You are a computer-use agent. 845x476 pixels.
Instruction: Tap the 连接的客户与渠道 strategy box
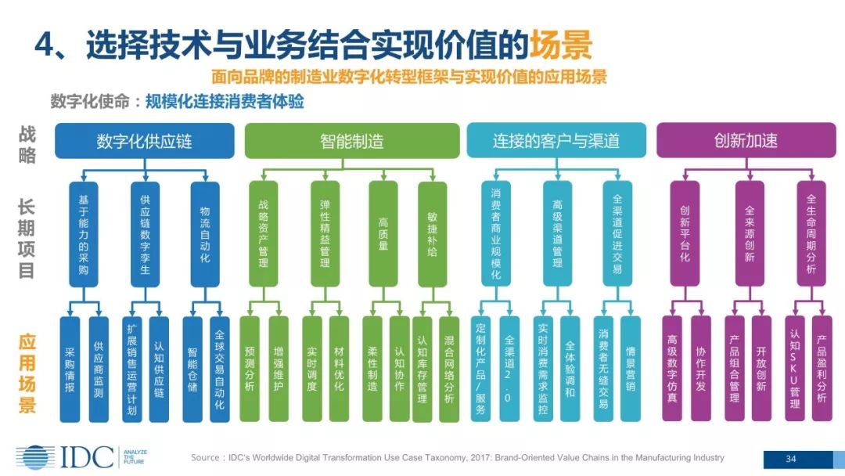556,141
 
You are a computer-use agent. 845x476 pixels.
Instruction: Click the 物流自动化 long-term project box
205,234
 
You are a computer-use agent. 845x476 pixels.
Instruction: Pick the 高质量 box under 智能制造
383,234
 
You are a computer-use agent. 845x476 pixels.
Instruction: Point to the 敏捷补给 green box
432,234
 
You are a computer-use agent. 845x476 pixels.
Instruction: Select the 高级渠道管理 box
558,234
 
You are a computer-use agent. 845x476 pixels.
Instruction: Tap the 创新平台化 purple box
685,234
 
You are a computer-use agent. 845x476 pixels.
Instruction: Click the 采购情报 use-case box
70,369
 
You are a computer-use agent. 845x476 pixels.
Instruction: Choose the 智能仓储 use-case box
192,369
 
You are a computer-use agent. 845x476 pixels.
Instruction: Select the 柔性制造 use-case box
372,369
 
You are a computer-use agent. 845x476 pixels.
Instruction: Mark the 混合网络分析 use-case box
448,369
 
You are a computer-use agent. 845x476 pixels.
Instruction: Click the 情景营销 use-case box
631,369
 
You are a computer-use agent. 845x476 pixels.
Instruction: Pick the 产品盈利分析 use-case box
822,369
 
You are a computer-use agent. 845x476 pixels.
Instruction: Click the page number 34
790,458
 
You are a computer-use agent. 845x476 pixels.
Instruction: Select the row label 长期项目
27,238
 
